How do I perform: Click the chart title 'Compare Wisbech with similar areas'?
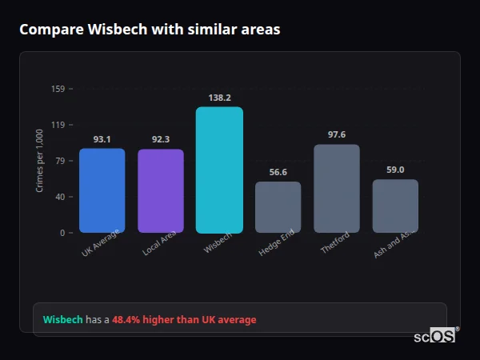click(x=150, y=30)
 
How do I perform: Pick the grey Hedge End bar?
click(x=278, y=207)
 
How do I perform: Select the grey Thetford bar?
click(x=337, y=189)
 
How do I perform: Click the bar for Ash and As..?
click(x=395, y=206)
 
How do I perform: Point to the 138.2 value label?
click(x=219, y=98)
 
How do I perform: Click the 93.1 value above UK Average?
click(x=102, y=139)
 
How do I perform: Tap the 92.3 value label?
click(x=161, y=139)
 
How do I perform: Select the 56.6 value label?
click(x=278, y=172)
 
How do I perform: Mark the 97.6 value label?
click(x=337, y=134)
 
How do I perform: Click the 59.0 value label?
click(x=395, y=170)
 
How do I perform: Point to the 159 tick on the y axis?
click(x=58, y=89)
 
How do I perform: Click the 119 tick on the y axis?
click(x=58, y=125)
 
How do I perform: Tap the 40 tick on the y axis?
click(x=59, y=197)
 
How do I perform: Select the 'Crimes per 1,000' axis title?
click(x=40, y=161)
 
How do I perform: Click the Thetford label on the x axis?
click(x=335, y=244)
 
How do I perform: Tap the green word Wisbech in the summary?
click(x=62, y=320)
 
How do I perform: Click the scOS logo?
click(x=435, y=337)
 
